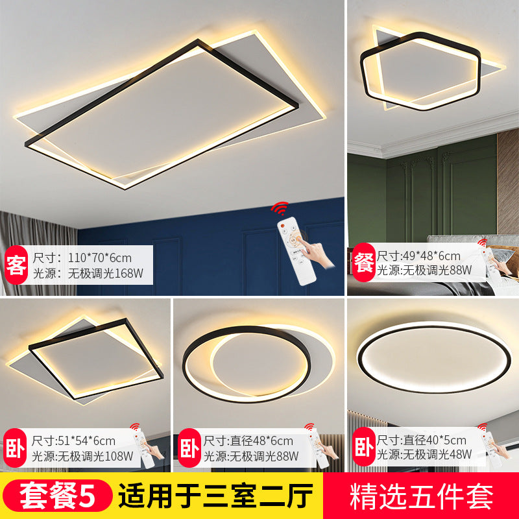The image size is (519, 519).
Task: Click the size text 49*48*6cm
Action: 428,256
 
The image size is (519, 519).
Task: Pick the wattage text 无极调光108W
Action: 88,455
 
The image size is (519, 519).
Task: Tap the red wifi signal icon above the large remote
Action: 280,208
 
